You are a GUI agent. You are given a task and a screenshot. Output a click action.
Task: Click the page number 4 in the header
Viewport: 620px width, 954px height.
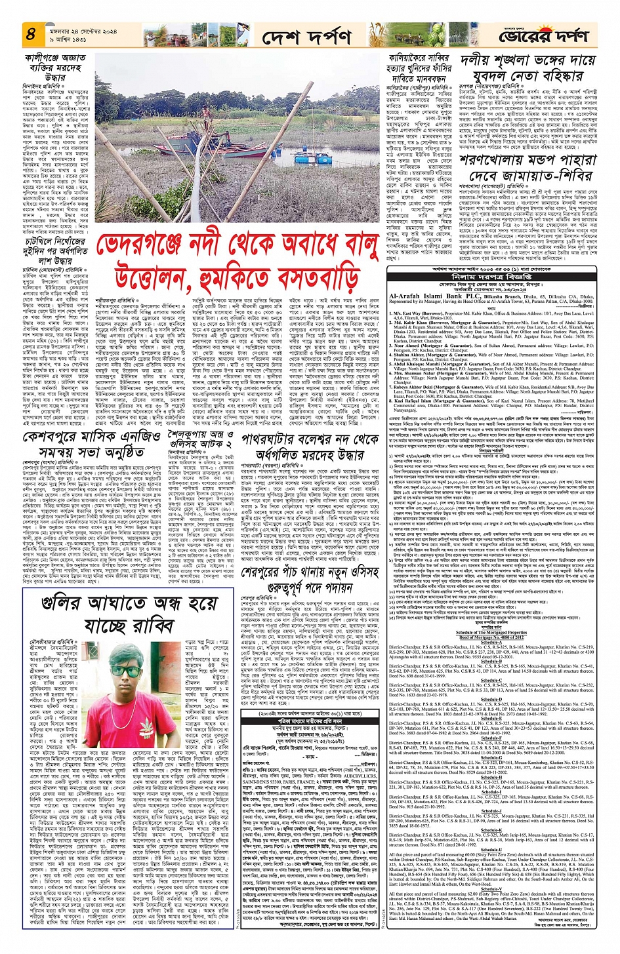[30, 33]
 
